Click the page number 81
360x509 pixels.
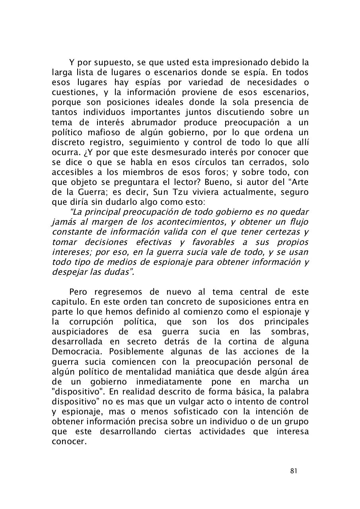click(x=294, y=471)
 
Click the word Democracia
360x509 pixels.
click(x=78, y=352)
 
